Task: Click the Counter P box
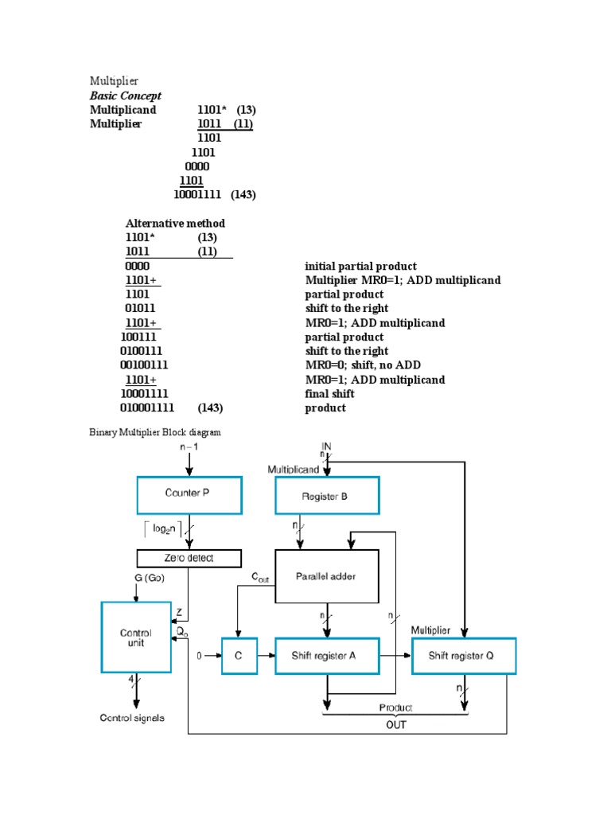188,494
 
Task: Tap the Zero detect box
189,558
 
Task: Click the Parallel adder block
326,576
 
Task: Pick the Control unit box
135,638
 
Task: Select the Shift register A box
326,655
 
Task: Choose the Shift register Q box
464,655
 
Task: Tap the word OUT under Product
395,724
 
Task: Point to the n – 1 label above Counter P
189,447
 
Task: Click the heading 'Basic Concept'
126,96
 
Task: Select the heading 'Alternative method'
175,224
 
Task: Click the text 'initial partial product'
360,267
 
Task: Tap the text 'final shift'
329,394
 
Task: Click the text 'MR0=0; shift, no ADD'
363,365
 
